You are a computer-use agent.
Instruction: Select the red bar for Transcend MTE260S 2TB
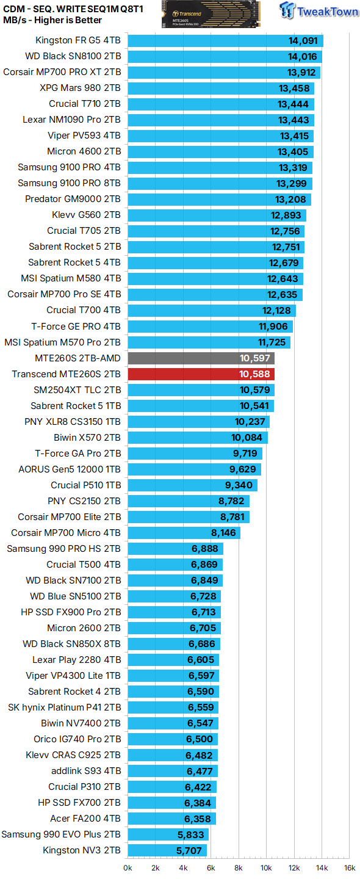(x=201, y=374)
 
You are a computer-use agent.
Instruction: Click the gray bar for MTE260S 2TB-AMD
(x=201, y=358)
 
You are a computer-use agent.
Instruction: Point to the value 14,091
(x=303, y=41)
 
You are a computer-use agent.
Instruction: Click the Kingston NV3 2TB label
(x=82, y=850)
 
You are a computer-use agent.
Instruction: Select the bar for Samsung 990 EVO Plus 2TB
(x=168, y=834)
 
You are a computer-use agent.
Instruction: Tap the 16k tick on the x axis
(x=350, y=867)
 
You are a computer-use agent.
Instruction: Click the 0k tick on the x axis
(x=128, y=867)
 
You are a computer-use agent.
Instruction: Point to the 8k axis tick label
(x=239, y=867)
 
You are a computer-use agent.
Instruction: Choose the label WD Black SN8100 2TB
(x=73, y=57)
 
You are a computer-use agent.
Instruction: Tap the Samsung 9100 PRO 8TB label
(x=69, y=183)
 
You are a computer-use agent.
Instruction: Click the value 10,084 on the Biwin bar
(x=247, y=438)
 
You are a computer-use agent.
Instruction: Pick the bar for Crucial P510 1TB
(x=192, y=485)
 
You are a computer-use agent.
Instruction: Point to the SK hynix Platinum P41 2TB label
(x=64, y=707)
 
